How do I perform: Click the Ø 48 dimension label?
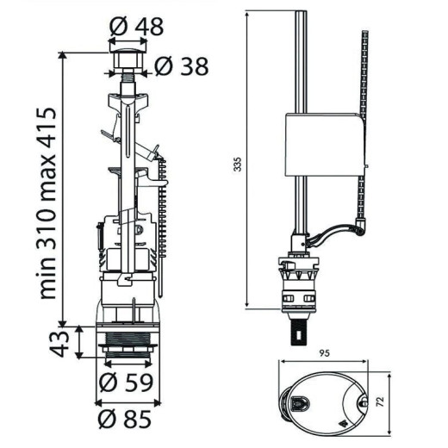136,27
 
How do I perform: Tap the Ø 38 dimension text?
182,66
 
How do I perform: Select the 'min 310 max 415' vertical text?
47,203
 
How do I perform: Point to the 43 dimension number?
59,344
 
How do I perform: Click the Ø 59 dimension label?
126,383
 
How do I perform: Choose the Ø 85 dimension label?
125,419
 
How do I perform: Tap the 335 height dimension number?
238,165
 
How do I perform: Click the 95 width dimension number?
324,353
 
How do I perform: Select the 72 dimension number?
380,401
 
